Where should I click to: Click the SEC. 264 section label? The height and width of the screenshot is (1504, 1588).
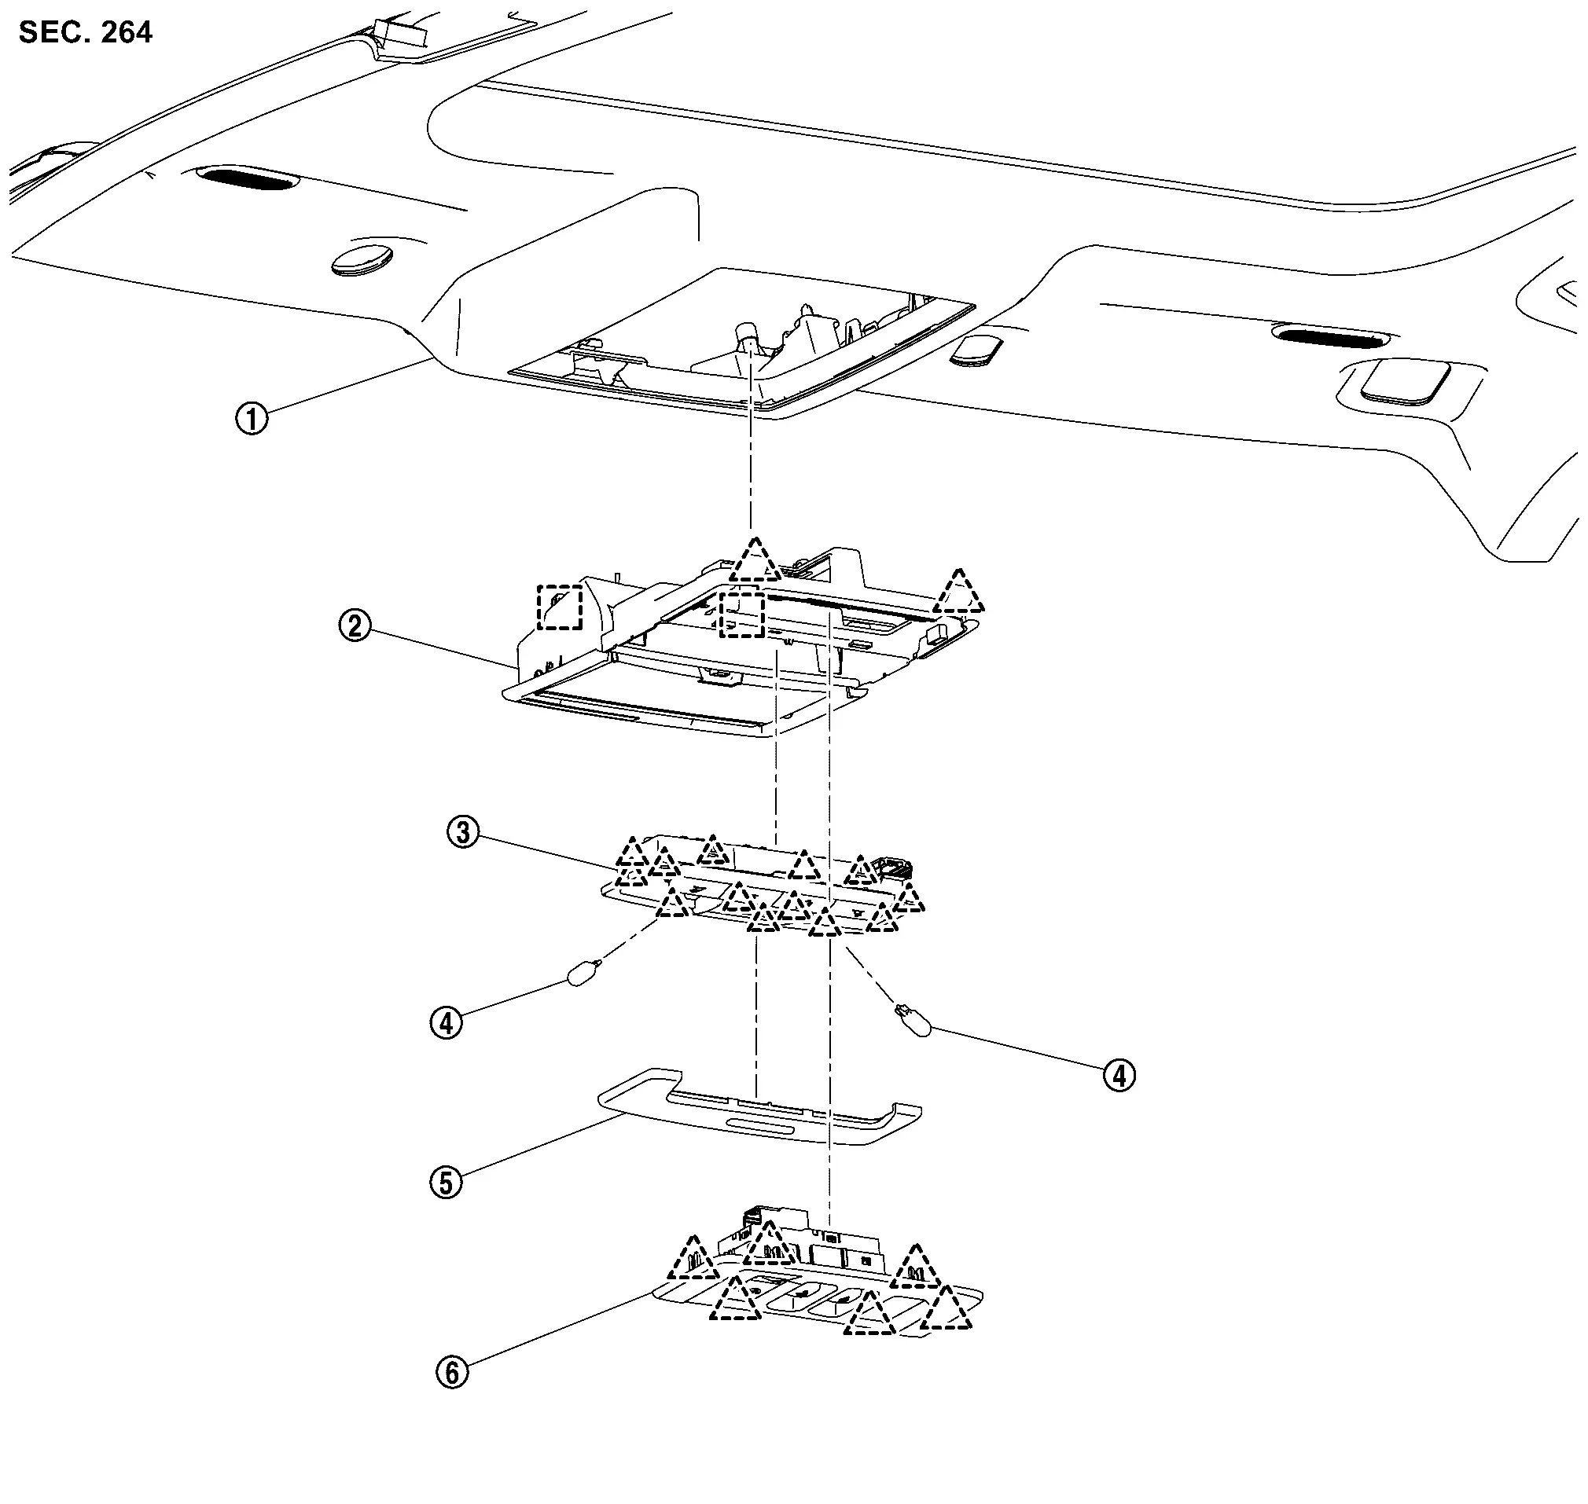[x=85, y=32]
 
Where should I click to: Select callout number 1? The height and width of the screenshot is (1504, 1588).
[x=252, y=419]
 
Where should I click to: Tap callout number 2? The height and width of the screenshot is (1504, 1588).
[x=355, y=625]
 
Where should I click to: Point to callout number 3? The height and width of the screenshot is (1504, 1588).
[x=463, y=832]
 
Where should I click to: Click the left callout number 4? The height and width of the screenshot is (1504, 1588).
[x=446, y=1023]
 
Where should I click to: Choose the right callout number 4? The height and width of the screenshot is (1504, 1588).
[x=1119, y=1075]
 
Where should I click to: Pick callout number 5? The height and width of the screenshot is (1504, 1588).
[x=446, y=1183]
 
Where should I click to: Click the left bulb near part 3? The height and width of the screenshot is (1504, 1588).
[x=581, y=974]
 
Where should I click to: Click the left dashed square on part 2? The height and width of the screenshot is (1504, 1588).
[x=559, y=607]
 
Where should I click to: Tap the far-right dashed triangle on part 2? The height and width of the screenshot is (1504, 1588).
[x=959, y=594]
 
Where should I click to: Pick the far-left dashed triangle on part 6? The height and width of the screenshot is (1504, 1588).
[x=693, y=1260]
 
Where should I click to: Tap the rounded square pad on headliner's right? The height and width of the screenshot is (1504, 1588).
[x=1397, y=383]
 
